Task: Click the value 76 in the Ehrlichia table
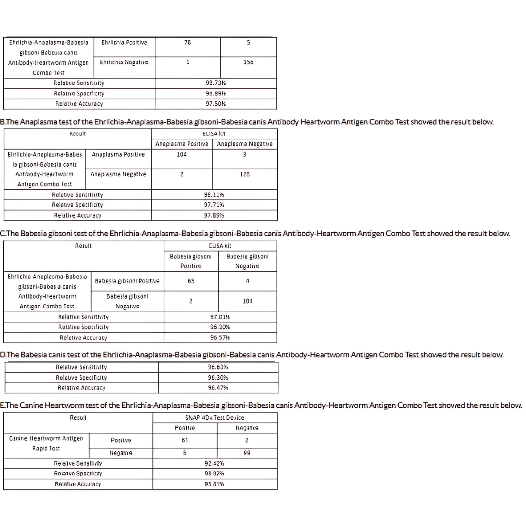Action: pyautogui.click(x=187, y=43)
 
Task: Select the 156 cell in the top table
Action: pyautogui.click(x=248, y=62)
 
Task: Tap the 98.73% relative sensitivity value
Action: pyautogui.click(x=216, y=83)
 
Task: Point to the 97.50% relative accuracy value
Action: pyautogui.click(x=216, y=104)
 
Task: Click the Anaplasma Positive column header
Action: pyautogui.click(x=182, y=144)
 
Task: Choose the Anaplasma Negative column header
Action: pyautogui.click(x=245, y=144)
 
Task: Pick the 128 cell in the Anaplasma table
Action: pyautogui.click(x=245, y=174)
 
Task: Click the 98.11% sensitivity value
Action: pyautogui.click(x=214, y=195)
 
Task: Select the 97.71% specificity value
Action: pyautogui.click(x=214, y=205)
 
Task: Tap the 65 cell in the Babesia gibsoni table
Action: pyautogui.click(x=191, y=281)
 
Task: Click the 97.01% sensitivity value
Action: pyautogui.click(x=220, y=317)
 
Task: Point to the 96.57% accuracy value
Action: pyautogui.click(x=220, y=337)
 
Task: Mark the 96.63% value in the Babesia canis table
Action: pyautogui.click(x=218, y=367)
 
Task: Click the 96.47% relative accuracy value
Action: pyautogui.click(x=218, y=388)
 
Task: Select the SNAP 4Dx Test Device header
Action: pyautogui.click(x=215, y=418)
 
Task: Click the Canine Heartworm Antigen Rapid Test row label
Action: pyautogui.click(x=46, y=443)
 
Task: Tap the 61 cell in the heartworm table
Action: pyautogui.click(x=185, y=440)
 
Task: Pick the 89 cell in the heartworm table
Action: pyautogui.click(x=247, y=453)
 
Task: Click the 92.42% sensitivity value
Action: pyautogui.click(x=214, y=463)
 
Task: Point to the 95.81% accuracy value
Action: pyautogui.click(x=214, y=484)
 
